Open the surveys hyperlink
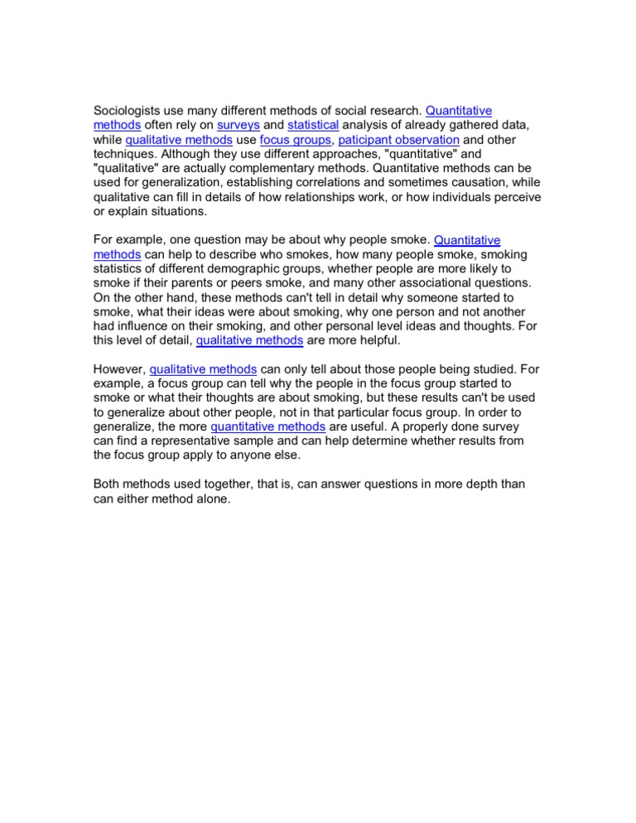pos(238,125)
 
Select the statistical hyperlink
pos(313,125)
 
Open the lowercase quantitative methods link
pos(269,426)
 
